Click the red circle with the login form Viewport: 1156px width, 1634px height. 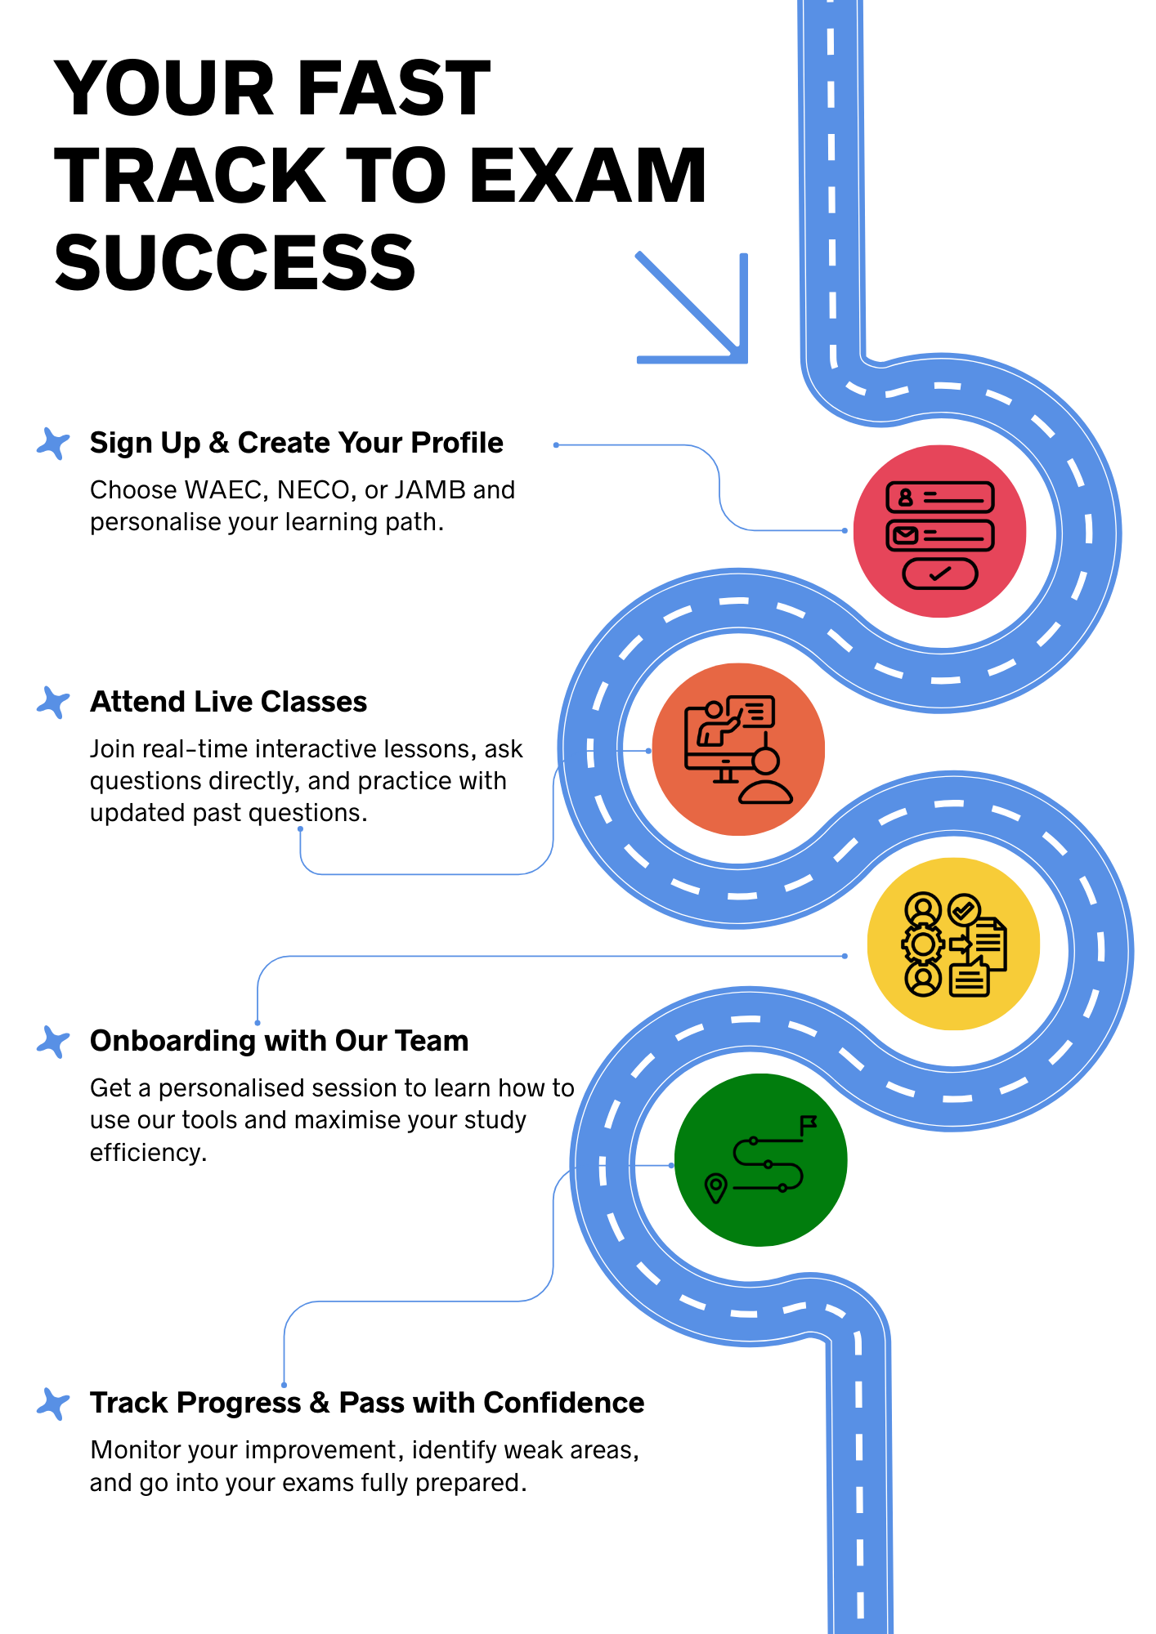(x=939, y=531)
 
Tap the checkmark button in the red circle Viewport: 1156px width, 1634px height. (x=939, y=574)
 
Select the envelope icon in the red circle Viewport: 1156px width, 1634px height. (x=904, y=535)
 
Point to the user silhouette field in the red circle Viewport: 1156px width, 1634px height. (x=905, y=497)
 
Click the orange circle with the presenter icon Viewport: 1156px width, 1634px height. (x=738, y=749)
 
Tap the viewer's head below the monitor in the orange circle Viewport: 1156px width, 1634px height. (x=766, y=761)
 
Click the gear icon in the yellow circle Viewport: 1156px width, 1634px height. (x=923, y=944)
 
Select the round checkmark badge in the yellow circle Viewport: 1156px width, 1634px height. (x=964, y=909)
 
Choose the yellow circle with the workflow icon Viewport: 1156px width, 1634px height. (x=953, y=944)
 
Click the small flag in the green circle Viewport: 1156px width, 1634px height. (x=809, y=1124)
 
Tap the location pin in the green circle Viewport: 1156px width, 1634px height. (x=715, y=1187)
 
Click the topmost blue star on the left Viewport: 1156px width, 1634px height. (x=53, y=444)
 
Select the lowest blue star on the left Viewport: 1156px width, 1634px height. (x=53, y=1404)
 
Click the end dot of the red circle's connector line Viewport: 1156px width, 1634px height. (x=556, y=445)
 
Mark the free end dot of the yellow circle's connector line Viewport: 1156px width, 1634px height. (x=258, y=1023)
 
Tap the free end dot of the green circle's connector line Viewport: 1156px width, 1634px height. (x=284, y=1385)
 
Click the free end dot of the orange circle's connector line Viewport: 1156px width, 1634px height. (x=300, y=828)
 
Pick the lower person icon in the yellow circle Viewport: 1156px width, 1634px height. (x=923, y=978)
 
